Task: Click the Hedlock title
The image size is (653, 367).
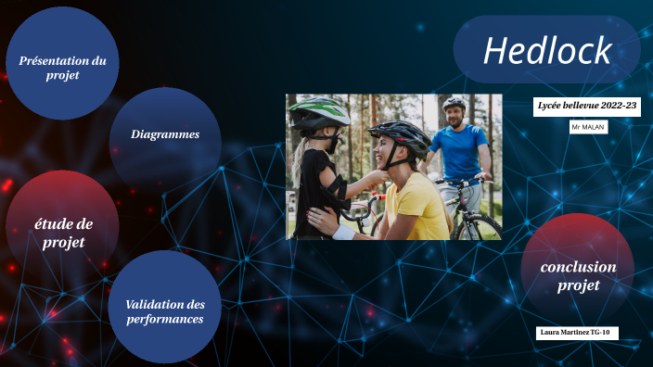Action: coord(547,51)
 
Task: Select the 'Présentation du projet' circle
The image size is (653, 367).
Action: coord(63,67)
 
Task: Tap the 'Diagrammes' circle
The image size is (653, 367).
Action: coord(165,135)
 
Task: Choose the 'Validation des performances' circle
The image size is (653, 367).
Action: coord(165,310)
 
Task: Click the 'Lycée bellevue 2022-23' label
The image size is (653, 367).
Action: coord(587,107)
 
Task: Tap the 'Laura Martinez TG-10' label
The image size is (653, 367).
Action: coord(577,332)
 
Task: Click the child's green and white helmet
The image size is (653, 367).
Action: coord(318,113)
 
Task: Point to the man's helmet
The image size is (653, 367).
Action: coord(454,103)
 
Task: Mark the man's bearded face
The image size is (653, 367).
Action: coord(455,117)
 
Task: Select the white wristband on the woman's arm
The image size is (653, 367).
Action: coord(343,231)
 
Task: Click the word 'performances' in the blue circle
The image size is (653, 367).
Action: coord(165,319)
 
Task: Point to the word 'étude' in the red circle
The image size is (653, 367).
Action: coord(63,223)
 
